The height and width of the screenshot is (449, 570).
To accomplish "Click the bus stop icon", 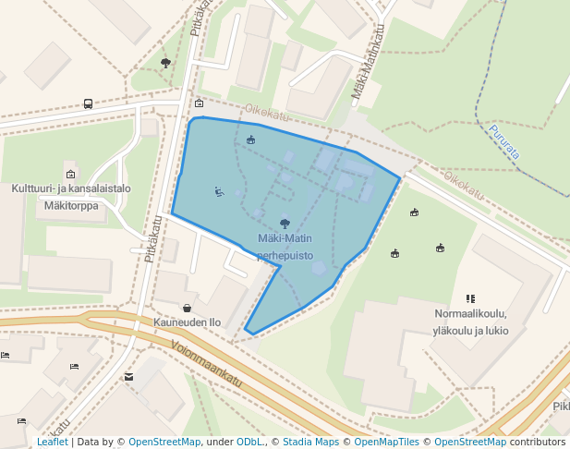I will (88, 104).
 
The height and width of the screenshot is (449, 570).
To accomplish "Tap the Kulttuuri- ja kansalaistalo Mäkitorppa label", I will (71, 197).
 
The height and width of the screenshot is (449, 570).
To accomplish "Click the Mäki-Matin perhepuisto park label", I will (285, 247).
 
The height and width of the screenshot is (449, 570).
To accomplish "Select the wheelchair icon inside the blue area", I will (219, 192).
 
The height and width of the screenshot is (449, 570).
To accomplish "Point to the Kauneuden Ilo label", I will (188, 322).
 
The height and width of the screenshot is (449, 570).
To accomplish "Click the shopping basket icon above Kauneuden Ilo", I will (188, 308).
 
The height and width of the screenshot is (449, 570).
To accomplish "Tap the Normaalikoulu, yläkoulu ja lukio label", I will (470, 322).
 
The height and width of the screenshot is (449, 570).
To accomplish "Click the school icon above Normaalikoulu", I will (470, 298).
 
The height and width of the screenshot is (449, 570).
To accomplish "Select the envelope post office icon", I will (128, 376).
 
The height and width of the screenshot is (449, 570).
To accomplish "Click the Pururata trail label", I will (504, 142).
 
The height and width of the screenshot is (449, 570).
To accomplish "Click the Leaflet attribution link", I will (52, 442).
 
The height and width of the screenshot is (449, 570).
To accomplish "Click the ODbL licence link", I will (249, 442).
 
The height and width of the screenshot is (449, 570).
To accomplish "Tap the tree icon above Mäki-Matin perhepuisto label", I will (285, 223).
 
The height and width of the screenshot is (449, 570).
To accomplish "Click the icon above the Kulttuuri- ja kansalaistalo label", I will (70, 173).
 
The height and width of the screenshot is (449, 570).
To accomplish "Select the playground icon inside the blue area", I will (251, 140).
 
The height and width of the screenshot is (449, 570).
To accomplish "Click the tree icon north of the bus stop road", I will (165, 63).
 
